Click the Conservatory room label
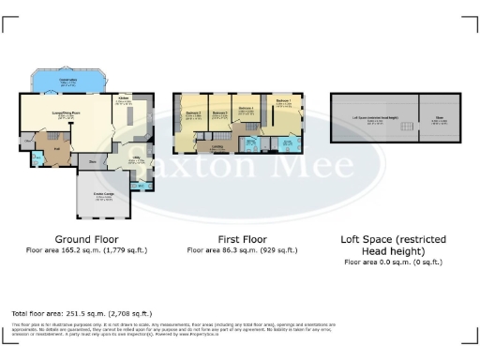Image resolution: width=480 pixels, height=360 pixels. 68,81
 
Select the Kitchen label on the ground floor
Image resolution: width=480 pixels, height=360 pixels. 124,97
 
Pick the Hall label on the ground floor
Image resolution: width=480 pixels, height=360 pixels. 55,148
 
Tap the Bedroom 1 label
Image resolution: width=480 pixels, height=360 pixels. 284,102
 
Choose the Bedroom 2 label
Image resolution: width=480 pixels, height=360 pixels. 192,114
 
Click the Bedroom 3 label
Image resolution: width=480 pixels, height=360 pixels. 220,114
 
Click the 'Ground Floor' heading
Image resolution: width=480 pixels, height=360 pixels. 86,239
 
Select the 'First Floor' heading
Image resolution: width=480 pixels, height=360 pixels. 243,239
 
